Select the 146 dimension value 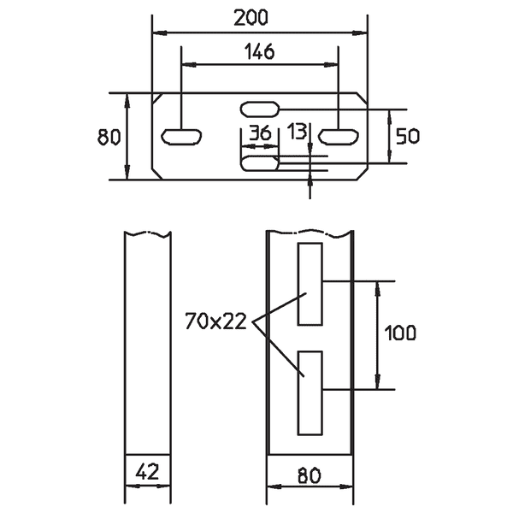[x=259, y=52]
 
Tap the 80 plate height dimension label [x=108, y=137]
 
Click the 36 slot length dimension [x=259, y=133]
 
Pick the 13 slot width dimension [x=298, y=133]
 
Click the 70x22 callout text [x=215, y=321]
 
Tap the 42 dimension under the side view [x=147, y=471]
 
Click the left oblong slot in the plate [x=182, y=135]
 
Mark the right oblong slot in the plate [x=339, y=135]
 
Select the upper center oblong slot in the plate [x=260, y=109]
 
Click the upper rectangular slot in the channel [x=310, y=284]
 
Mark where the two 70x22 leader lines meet [x=253, y=322]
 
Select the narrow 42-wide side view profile [x=147, y=342]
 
